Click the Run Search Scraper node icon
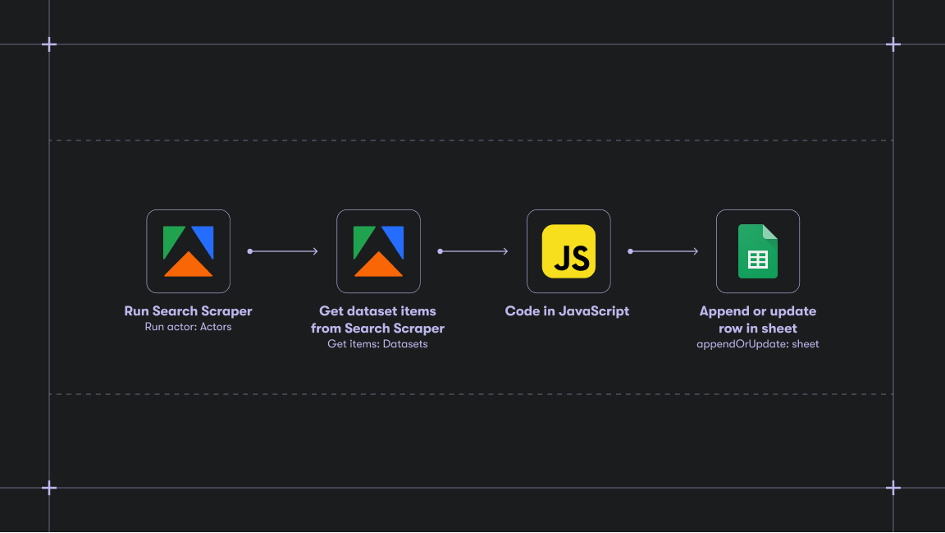pyautogui.click(x=188, y=251)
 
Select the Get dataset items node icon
pyautogui.click(x=378, y=251)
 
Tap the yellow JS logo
pyautogui.click(x=568, y=251)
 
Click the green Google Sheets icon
pyautogui.click(x=758, y=251)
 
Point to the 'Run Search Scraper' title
pyautogui.click(x=188, y=311)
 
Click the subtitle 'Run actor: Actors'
pyautogui.click(x=188, y=327)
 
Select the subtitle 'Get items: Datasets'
pyautogui.click(x=377, y=344)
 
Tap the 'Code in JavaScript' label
pyautogui.click(x=567, y=311)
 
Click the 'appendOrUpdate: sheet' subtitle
pyautogui.click(x=757, y=344)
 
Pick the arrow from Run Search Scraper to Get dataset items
pyautogui.click(x=283, y=251)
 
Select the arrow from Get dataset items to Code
pyautogui.click(x=473, y=251)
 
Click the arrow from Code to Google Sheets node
pyautogui.click(x=664, y=251)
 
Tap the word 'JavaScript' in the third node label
pyautogui.click(x=594, y=311)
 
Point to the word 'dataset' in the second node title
pyautogui.click(x=372, y=311)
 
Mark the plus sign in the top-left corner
pyautogui.click(x=49, y=44)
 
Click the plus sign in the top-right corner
pyautogui.click(x=893, y=44)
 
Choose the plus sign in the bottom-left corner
pyautogui.click(x=49, y=488)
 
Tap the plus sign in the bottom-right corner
pyautogui.click(x=893, y=488)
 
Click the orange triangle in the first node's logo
pyautogui.click(x=188, y=265)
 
